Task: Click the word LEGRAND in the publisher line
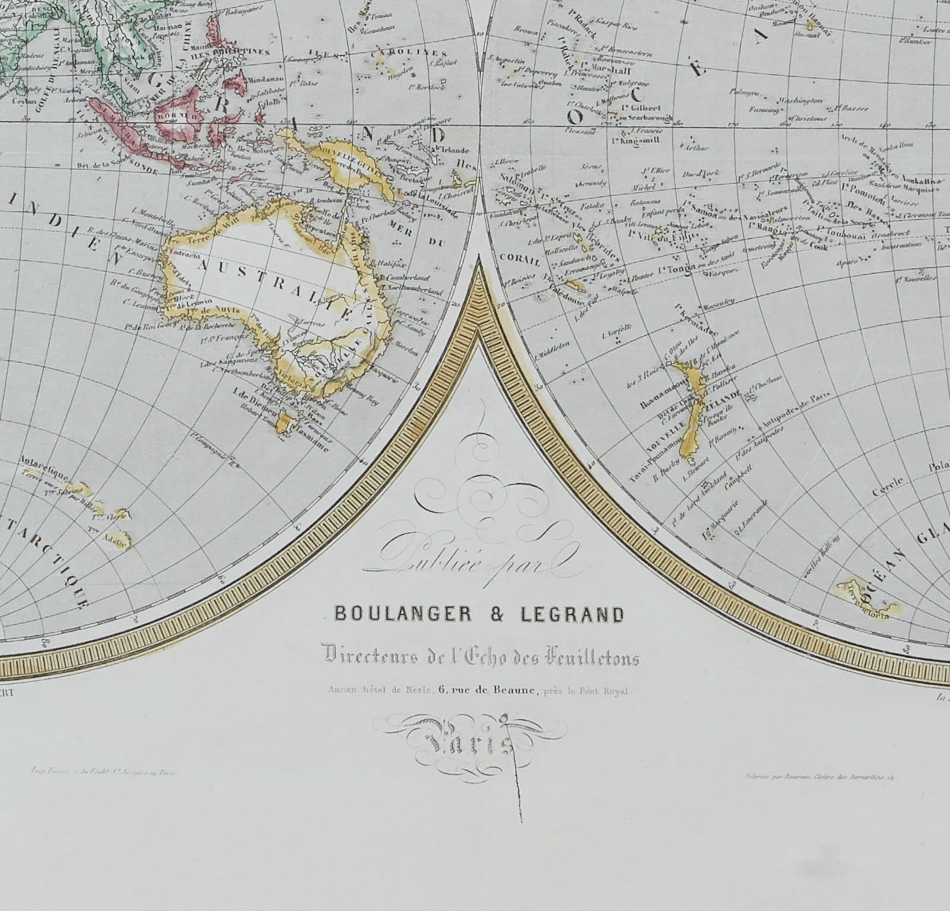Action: tap(572, 614)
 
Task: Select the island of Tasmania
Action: tap(287, 424)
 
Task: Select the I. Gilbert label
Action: tap(642, 108)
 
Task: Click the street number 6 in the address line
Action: tap(443, 690)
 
